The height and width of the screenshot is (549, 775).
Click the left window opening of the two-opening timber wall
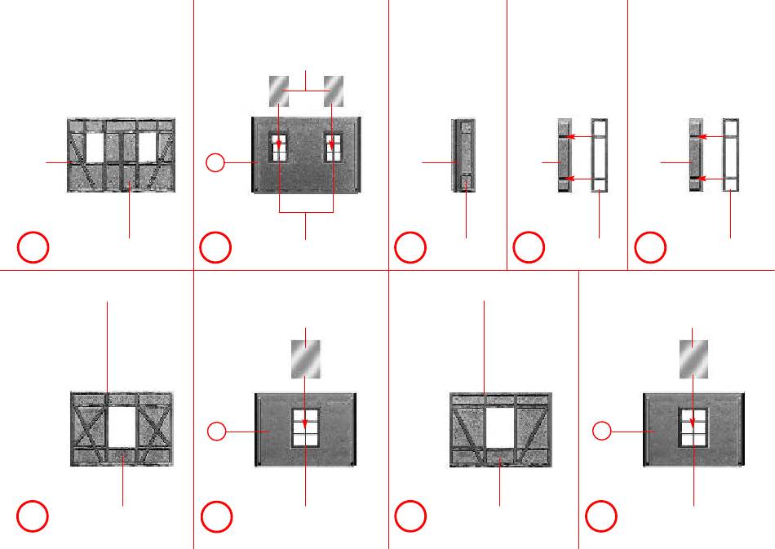click(x=95, y=148)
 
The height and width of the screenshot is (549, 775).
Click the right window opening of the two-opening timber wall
click(x=147, y=148)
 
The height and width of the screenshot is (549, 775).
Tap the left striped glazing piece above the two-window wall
click(x=279, y=89)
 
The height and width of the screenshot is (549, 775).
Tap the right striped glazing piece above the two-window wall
click(x=334, y=89)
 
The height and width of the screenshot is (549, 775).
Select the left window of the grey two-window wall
click(x=279, y=148)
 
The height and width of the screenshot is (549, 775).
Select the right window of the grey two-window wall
click(x=333, y=148)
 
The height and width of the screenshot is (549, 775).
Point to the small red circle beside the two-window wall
click(x=215, y=163)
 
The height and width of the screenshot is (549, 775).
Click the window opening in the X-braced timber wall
click(x=122, y=427)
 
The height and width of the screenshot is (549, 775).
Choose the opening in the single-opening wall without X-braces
click(x=500, y=427)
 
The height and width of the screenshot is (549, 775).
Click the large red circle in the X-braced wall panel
click(x=33, y=516)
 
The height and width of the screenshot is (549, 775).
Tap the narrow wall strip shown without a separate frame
click(x=463, y=155)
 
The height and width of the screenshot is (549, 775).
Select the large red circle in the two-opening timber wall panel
click(x=33, y=248)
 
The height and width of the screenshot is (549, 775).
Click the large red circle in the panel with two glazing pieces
click(x=215, y=248)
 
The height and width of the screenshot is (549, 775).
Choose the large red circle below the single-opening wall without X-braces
click(x=410, y=516)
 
